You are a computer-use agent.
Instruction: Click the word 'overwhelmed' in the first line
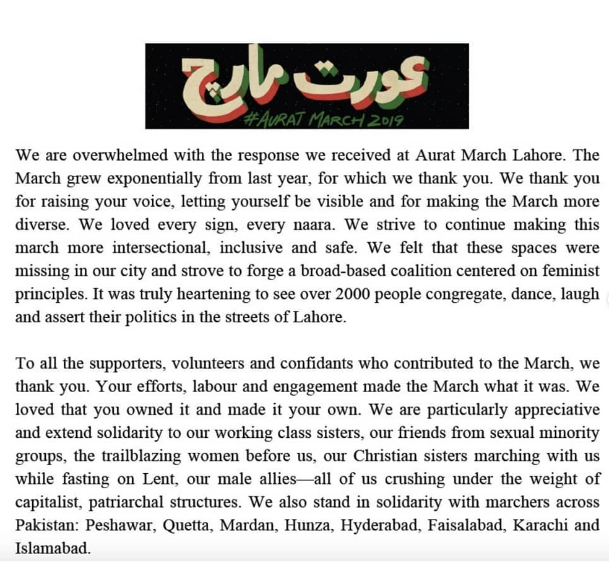click(x=120, y=155)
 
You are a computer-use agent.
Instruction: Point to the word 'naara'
click(x=312, y=225)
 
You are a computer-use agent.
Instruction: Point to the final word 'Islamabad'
click(x=52, y=548)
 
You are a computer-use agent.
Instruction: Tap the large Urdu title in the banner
click(x=306, y=79)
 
